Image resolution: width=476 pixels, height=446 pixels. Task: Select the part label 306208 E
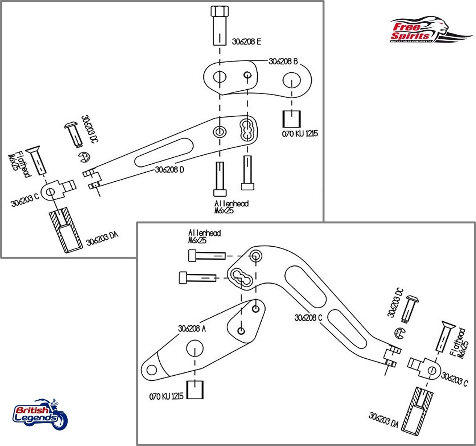(246, 41)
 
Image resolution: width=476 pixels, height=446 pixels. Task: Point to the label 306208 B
(283, 61)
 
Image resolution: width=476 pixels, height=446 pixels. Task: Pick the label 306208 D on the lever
(170, 170)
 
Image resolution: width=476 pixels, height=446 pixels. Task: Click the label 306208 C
(308, 317)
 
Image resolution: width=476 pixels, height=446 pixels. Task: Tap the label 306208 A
(192, 328)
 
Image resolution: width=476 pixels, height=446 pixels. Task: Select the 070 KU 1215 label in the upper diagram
(300, 134)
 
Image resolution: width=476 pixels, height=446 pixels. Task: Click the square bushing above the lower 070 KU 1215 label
(195, 390)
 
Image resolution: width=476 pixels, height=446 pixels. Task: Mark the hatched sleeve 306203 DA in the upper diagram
(65, 232)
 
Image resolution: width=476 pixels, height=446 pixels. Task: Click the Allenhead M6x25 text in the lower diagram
(204, 236)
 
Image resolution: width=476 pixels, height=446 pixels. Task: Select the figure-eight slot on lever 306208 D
(248, 129)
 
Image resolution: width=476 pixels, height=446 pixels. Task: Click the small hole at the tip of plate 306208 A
(152, 370)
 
